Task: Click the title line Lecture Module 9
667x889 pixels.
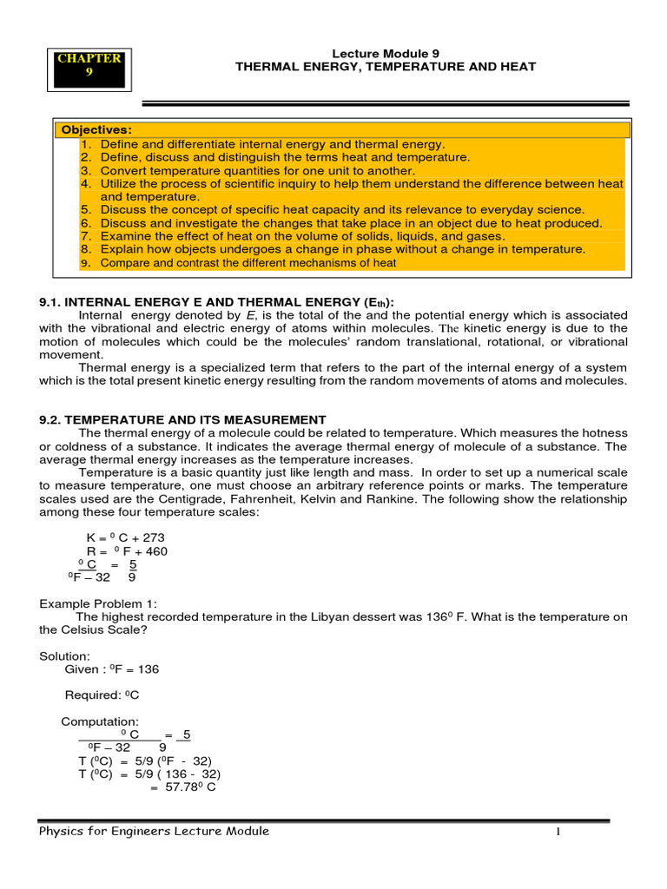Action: point(386,52)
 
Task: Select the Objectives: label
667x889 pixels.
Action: point(96,130)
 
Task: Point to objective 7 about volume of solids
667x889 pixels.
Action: point(302,236)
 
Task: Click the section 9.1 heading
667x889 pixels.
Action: point(216,301)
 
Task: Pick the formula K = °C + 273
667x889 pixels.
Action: point(127,537)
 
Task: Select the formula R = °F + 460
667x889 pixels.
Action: point(127,550)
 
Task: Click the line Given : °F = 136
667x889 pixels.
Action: point(112,669)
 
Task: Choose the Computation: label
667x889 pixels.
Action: point(99,721)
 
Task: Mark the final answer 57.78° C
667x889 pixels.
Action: point(182,787)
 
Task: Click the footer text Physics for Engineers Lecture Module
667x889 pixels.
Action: point(155,831)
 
